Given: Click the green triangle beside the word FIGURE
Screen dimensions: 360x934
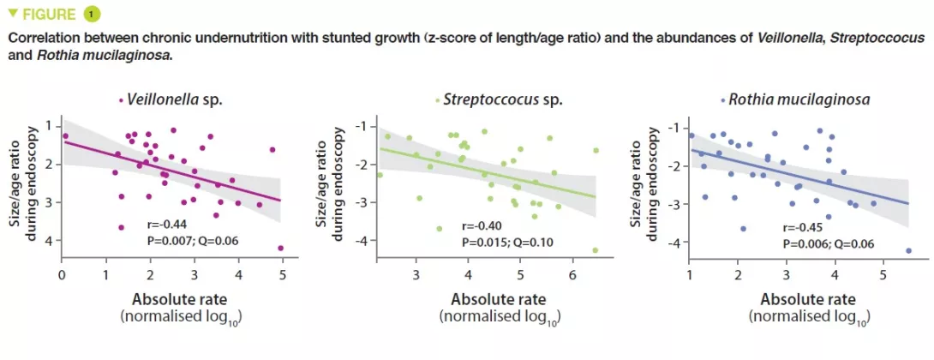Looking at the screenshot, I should tap(12, 13).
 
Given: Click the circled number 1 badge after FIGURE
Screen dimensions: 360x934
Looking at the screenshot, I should tap(91, 14).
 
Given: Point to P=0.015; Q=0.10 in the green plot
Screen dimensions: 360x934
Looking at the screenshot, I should tap(506, 243).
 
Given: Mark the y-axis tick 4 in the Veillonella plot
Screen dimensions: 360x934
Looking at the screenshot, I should tap(48, 242).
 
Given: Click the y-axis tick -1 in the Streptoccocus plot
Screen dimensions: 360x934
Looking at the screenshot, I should tap(362, 126).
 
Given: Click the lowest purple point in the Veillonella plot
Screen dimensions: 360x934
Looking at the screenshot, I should tap(280, 248).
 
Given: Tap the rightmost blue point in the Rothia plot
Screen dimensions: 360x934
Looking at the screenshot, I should tap(907, 250).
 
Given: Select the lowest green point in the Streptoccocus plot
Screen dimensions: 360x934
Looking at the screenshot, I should tap(595, 250).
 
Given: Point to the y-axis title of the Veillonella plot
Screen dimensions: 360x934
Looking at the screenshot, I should tap(26, 183).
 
